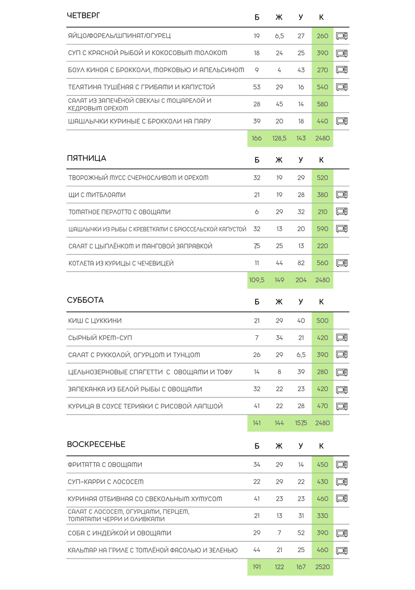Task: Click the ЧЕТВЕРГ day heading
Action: coord(83,16)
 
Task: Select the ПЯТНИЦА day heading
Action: coord(86,158)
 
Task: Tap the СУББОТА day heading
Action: coord(85,300)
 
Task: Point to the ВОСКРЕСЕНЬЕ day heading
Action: coord(96,444)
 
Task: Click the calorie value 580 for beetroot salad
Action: coord(322,104)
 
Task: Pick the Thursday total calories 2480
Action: coord(322,138)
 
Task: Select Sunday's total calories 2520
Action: coord(322,567)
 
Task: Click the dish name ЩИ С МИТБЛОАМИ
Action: coord(97,195)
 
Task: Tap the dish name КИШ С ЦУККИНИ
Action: coord(95,321)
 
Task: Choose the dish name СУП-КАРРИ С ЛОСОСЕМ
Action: coord(105,482)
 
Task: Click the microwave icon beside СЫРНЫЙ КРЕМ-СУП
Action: coord(342,338)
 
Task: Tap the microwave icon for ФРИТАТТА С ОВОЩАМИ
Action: coord(342,465)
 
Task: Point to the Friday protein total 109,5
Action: coord(257,280)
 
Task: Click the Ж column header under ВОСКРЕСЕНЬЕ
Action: coord(279,446)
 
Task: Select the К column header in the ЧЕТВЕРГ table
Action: coord(321,17)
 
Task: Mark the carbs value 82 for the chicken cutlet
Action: coord(301,263)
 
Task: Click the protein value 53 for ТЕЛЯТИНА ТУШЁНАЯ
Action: coord(257,87)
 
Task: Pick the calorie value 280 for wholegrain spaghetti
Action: coord(322,372)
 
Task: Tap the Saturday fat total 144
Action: coord(279,423)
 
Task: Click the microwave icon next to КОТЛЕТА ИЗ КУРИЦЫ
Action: coord(342,263)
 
